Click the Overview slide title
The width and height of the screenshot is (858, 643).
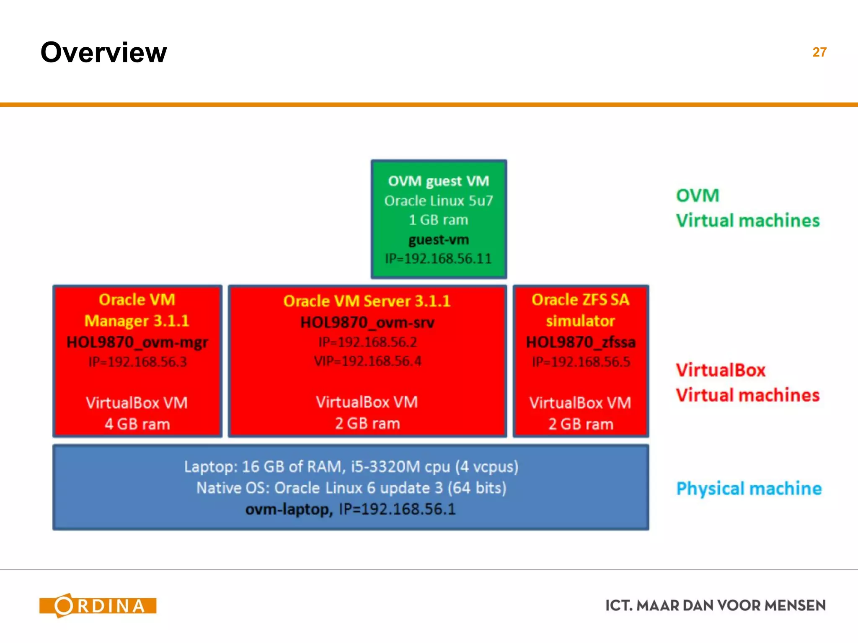click(x=103, y=53)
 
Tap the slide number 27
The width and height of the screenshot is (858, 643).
click(x=819, y=52)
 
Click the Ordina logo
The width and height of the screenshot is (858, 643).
click(x=98, y=605)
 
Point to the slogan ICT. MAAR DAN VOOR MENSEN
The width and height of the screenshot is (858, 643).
click(x=715, y=605)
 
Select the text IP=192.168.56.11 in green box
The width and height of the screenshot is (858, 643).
click(x=438, y=259)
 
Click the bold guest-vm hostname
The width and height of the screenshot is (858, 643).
click(x=439, y=239)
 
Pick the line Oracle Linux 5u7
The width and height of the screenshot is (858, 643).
click(x=439, y=201)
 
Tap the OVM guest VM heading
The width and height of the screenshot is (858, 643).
click(x=439, y=181)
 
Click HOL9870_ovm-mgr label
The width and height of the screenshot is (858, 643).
click(x=137, y=342)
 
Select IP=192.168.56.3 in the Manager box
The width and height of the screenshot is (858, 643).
click(x=137, y=362)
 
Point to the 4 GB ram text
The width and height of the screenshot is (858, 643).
click(x=137, y=424)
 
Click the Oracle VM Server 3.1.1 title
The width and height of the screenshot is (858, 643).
click(x=367, y=301)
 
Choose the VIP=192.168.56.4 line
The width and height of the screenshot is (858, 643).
click(x=367, y=361)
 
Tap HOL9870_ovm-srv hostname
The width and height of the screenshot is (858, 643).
click(x=367, y=322)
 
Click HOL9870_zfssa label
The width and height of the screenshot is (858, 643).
click(x=581, y=342)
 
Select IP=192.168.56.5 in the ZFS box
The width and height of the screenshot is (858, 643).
click(x=581, y=362)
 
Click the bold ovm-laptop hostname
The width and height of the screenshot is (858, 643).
click(x=289, y=509)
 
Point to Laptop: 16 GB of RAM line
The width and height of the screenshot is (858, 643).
click(x=351, y=466)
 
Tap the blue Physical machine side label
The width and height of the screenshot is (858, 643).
click(x=749, y=489)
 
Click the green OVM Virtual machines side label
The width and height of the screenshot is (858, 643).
click(x=747, y=208)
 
